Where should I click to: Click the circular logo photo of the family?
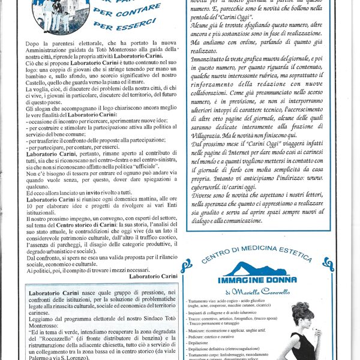[x=55, y=16]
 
